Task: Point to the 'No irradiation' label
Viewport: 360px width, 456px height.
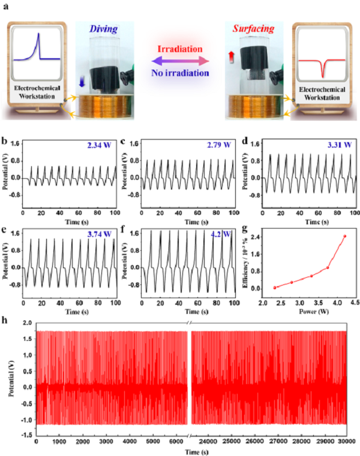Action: pos(181,73)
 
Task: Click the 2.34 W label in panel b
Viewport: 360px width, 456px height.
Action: pos(98,146)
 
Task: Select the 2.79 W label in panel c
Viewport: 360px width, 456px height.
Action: pos(219,145)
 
